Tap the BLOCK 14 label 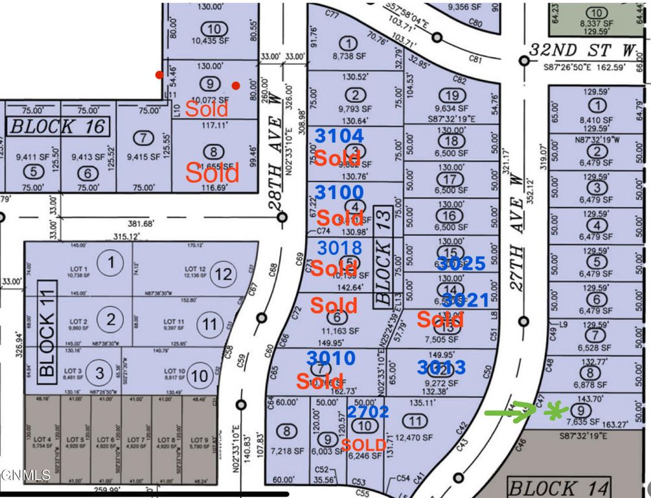558,488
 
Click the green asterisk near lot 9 554,410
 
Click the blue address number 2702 368,411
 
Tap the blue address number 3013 441,368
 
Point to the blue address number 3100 338,193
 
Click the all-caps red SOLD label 363,445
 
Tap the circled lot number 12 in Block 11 223,275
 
